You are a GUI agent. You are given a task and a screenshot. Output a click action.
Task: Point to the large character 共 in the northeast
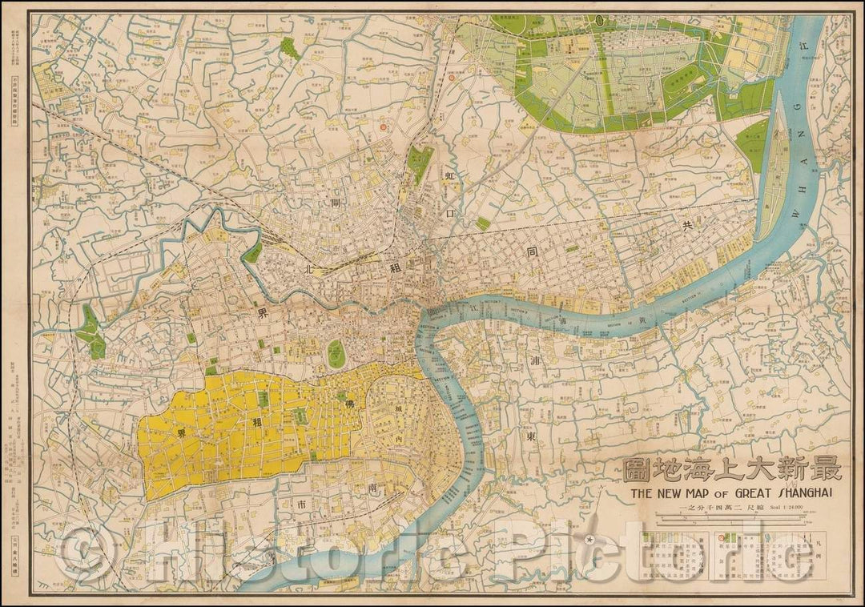686,227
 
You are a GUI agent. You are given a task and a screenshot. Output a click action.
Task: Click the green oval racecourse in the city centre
336,354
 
